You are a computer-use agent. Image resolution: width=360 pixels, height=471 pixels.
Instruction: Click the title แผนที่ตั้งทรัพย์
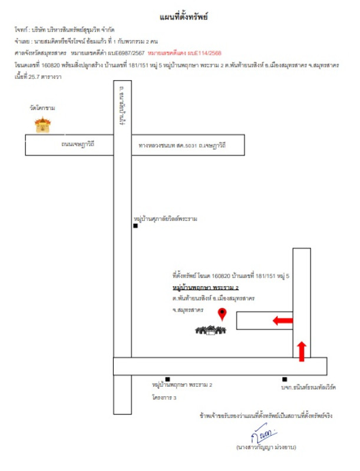(x=183, y=16)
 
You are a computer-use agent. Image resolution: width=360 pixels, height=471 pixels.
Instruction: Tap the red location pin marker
(x=222, y=314)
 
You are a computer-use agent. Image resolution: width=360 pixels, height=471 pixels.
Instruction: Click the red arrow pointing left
(x=282, y=321)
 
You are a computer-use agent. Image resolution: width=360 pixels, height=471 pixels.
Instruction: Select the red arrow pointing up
(x=302, y=351)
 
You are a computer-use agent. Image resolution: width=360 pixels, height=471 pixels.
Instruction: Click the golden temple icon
(x=42, y=125)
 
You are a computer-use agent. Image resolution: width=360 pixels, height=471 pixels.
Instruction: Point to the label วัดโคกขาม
(x=42, y=108)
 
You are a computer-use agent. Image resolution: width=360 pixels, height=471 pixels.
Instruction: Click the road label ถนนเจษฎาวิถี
(x=78, y=144)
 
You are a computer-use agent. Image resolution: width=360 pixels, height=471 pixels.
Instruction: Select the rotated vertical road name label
(x=122, y=105)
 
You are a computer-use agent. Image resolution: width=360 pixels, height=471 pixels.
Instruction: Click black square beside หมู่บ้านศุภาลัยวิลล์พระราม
(x=136, y=225)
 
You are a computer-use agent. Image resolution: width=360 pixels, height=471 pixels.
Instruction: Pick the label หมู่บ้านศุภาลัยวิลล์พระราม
(x=166, y=218)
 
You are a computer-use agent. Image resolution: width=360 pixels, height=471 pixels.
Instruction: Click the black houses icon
(x=211, y=330)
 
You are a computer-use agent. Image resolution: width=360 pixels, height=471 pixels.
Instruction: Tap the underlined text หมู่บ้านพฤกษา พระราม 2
(x=206, y=287)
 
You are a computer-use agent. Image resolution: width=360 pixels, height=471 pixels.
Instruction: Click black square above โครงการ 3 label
(x=168, y=379)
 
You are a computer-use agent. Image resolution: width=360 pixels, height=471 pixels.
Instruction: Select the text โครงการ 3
(x=164, y=397)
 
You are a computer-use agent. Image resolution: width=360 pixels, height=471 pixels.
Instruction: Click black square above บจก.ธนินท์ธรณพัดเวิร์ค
(x=285, y=379)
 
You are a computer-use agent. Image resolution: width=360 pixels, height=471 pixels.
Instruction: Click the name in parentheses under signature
(x=266, y=447)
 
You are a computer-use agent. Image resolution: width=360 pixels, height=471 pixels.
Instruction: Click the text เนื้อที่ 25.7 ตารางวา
(x=38, y=77)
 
